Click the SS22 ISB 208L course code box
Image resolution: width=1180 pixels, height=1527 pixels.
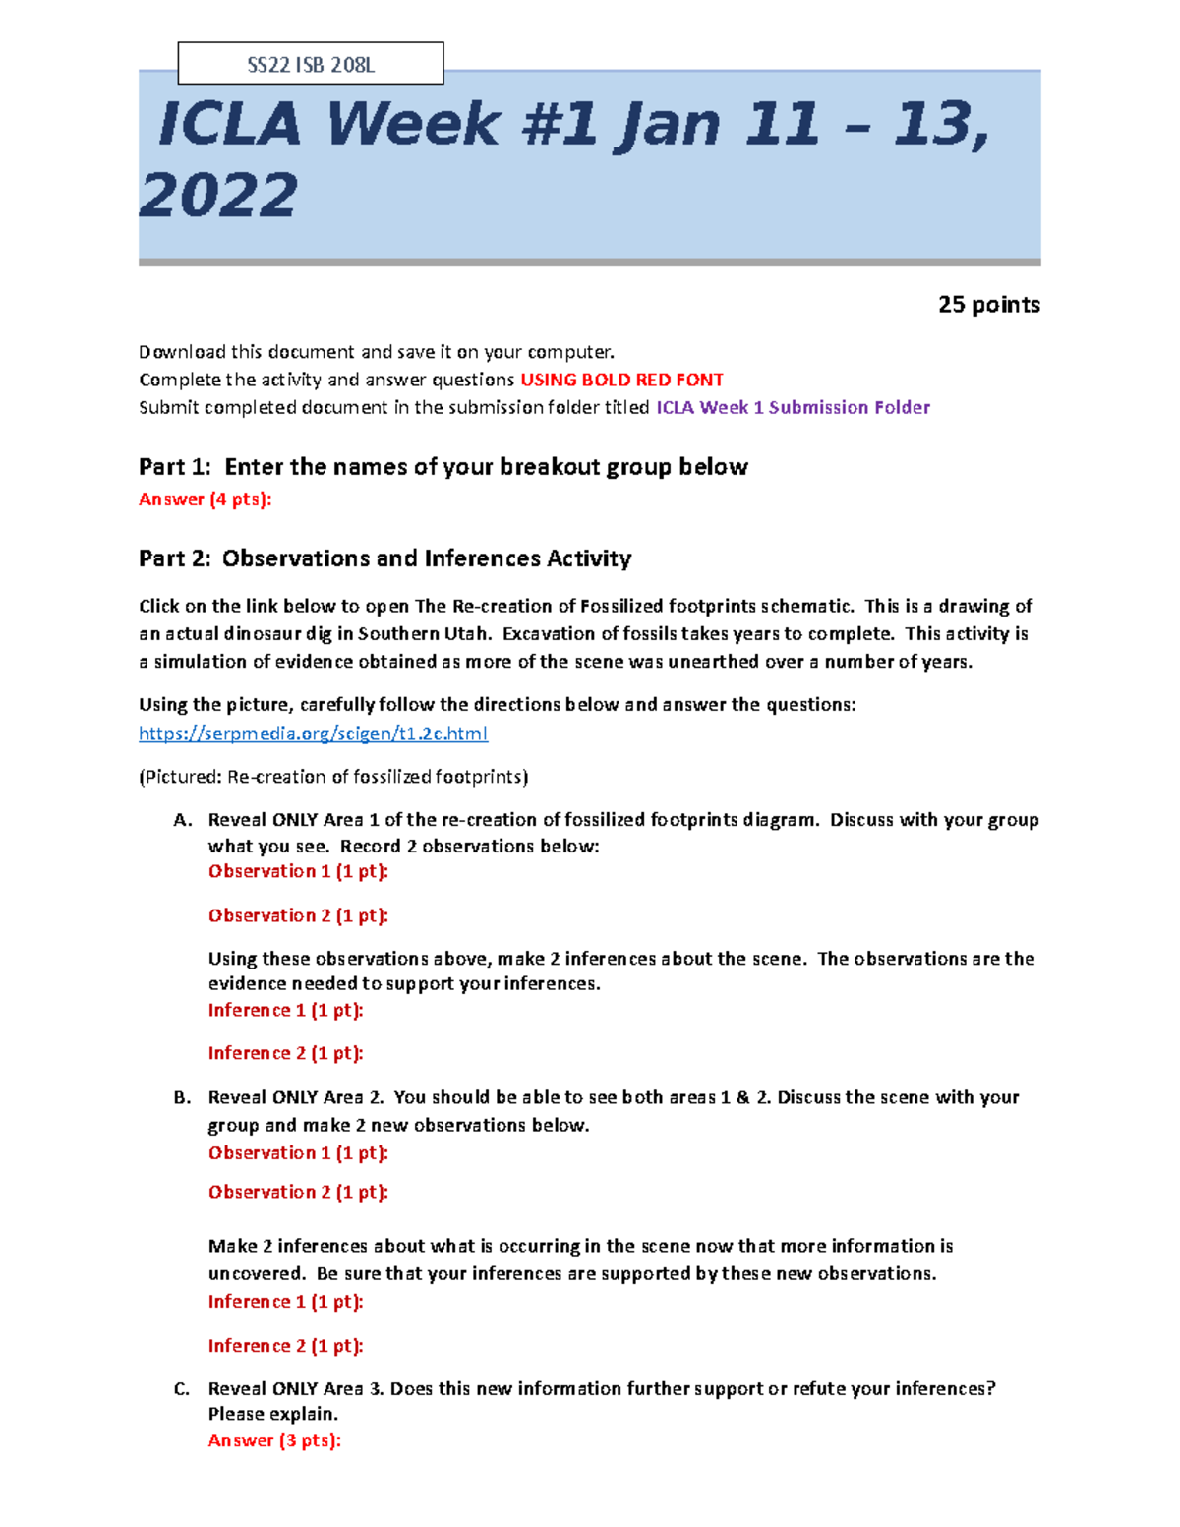pos(310,65)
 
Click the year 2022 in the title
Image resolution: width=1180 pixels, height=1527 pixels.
pos(218,195)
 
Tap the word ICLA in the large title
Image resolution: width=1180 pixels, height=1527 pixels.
pos(229,125)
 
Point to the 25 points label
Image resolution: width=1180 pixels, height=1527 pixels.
pos(988,305)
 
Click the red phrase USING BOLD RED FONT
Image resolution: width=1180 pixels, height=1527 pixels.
pos(621,381)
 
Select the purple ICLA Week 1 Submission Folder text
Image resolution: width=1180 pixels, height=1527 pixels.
pos(793,408)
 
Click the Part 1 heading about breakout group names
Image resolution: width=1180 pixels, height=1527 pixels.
pos(442,467)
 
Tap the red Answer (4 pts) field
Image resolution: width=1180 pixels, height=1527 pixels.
pos(205,499)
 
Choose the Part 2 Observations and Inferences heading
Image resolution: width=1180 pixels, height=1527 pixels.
pos(384,558)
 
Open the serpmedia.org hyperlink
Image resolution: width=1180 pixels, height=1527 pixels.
pos(313,734)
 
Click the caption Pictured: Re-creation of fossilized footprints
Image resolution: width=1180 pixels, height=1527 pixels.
pos(333,777)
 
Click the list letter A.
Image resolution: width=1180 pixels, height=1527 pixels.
pos(181,820)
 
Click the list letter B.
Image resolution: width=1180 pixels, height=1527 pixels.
pos(181,1098)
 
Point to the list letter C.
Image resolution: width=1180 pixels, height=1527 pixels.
pos(181,1389)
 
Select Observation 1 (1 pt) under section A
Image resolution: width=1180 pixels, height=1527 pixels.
pos(298,871)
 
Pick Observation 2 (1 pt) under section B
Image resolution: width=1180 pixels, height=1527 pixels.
pos(298,1192)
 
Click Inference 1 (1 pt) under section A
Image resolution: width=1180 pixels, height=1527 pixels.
pos(285,1010)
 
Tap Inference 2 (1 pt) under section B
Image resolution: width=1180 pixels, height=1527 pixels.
pos(285,1346)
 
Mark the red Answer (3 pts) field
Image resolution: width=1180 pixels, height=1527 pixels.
pos(274,1440)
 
